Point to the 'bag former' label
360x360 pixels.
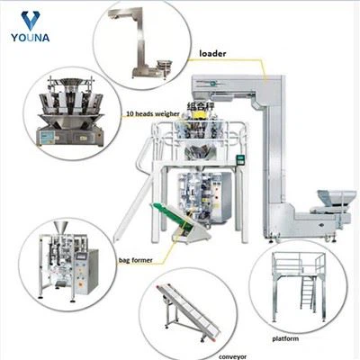point(137,259)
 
